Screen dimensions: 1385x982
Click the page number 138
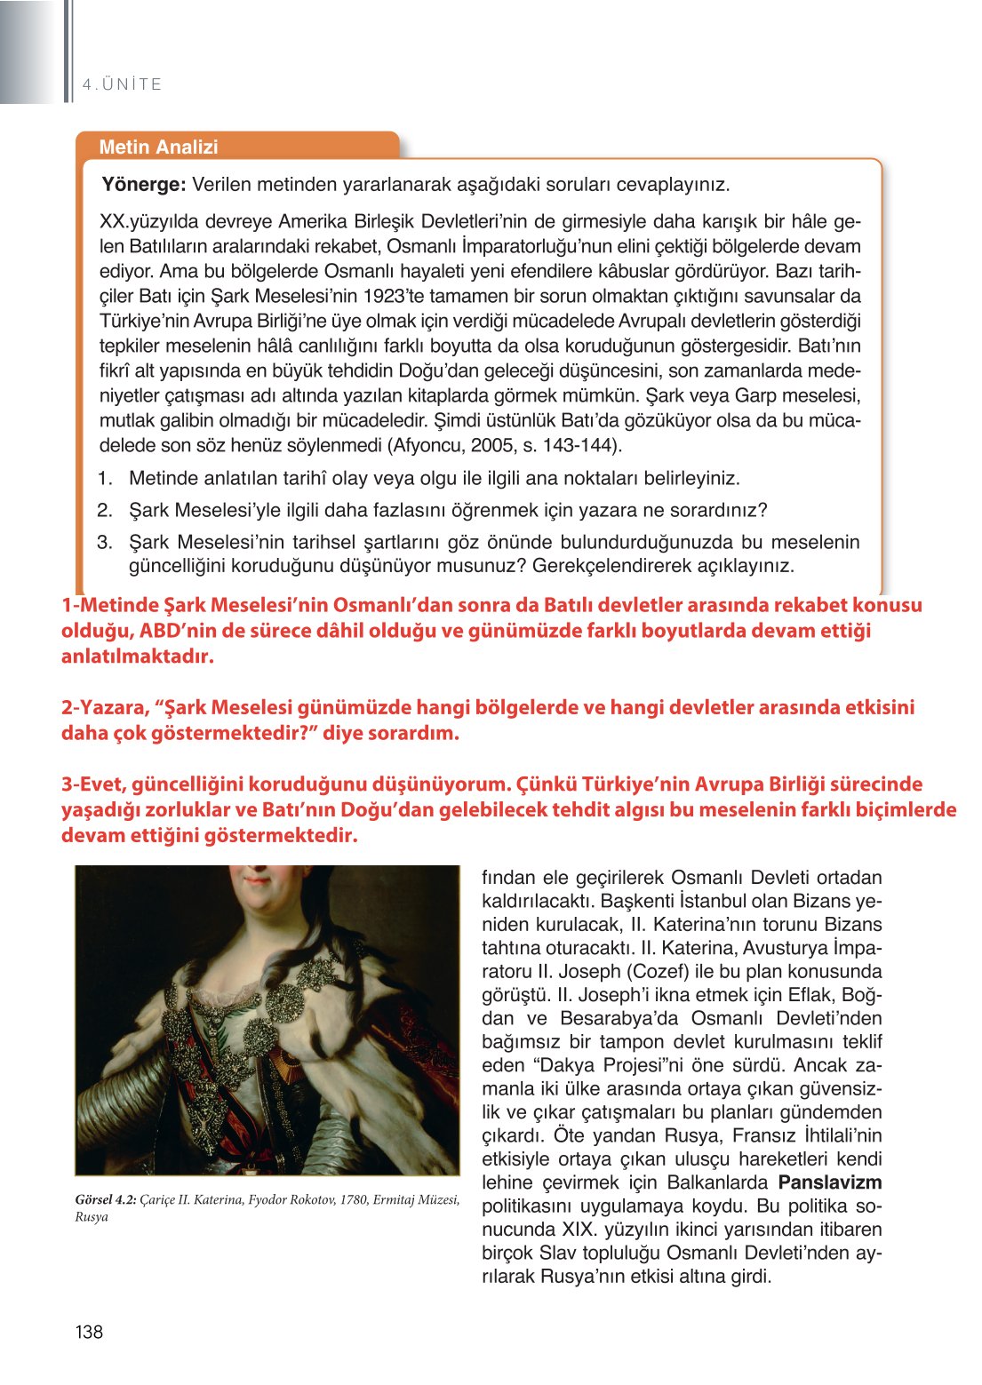[89, 1331]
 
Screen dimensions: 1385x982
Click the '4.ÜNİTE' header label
[122, 84]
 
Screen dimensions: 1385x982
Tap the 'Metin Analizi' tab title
[158, 147]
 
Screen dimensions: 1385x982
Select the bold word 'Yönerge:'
[143, 185]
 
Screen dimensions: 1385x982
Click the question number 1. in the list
[105, 478]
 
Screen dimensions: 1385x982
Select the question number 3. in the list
[105, 542]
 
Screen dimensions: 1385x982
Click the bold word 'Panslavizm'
[829, 1182]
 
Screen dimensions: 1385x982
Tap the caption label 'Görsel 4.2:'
[106, 1200]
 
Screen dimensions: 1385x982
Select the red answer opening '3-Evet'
[93, 784]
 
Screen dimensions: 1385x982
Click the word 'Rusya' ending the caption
[92, 1217]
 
